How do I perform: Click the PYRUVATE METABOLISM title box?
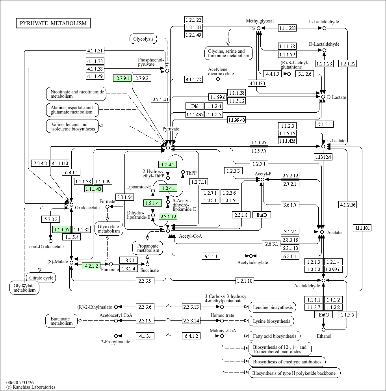pyautogui.click(x=53, y=23)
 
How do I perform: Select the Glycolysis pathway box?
pyautogui.click(x=143, y=39)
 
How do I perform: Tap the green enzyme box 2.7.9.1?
pyautogui.click(x=122, y=78)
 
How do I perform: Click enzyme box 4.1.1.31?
pyautogui.click(x=95, y=50)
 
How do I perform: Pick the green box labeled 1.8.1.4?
pyautogui.click(x=152, y=203)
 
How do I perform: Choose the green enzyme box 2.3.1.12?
pyautogui.click(x=168, y=216)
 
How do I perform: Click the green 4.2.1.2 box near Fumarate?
pyautogui.click(x=91, y=266)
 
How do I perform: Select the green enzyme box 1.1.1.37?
pyautogui.click(x=62, y=229)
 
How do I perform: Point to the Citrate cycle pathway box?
pyautogui.click(x=41, y=277)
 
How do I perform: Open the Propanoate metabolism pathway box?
pyautogui.click(x=148, y=248)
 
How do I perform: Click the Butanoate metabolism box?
pyautogui.click(x=61, y=321)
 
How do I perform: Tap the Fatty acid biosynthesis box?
pyautogui.click(x=275, y=336)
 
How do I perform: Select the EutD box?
pyautogui.click(x=262, y=215)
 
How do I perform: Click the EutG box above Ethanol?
pyautogui.click(x=324, y=315)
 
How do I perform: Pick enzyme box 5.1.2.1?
pyautogui.click(x=324, y=124)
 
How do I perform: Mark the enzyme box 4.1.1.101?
pyautogui.click(x=362, y=228)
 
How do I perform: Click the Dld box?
pyautogui.click(x=195, y=106)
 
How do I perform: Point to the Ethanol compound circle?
pyautogui.click(x=324, y=330)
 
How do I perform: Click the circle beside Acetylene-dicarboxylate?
pyautogui.click(x=218, y=79)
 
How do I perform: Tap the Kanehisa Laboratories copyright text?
pyautogui.click(x=31, y=387)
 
